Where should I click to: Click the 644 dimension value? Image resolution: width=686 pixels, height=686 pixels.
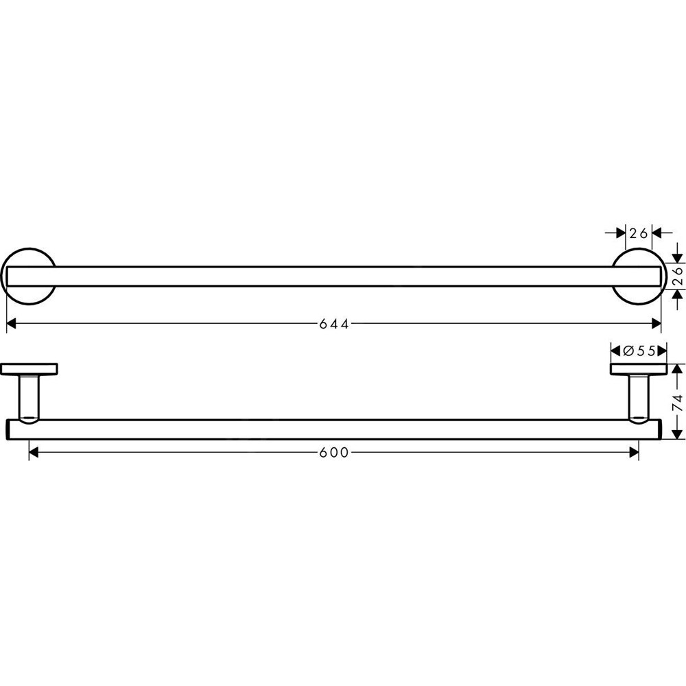[334, 324]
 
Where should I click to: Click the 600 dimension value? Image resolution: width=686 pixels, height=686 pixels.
[334, 452]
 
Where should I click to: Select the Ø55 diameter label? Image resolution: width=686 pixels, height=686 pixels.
[639, 351]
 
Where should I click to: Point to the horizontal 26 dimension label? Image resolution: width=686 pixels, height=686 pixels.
[639, 233]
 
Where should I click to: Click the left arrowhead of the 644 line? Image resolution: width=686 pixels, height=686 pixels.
[11, 324]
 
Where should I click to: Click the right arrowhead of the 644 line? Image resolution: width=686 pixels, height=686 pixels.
[657, 324]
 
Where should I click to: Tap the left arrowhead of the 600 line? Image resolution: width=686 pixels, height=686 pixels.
[34, 452]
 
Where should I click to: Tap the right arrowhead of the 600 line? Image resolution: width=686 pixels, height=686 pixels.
[634, 452]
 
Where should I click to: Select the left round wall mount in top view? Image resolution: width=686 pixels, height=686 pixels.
[29, 276]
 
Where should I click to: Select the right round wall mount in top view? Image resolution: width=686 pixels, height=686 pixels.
[638, 276]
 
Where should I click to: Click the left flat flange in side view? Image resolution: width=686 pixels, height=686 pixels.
[29, 370]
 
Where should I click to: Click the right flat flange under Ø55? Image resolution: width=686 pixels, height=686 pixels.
[639, 370]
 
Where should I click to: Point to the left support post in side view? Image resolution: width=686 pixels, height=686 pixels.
[29, 397]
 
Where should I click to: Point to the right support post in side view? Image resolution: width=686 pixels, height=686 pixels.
[639, 397]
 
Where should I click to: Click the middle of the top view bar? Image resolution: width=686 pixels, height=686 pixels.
[334, 276]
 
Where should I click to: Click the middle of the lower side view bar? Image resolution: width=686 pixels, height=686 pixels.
[334, 429]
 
